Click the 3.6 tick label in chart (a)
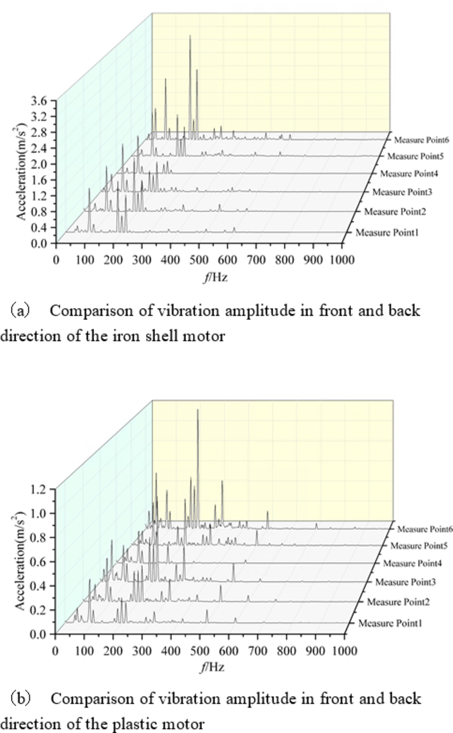39,101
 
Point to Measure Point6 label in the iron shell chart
421,140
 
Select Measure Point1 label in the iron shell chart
387,232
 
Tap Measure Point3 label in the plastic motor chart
405,582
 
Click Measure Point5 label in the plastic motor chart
419,546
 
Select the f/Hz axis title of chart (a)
215,277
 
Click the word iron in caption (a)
126,336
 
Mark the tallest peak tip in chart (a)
190,36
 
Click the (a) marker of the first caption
20,311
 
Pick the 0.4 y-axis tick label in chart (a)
39,228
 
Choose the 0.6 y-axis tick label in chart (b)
39,562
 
